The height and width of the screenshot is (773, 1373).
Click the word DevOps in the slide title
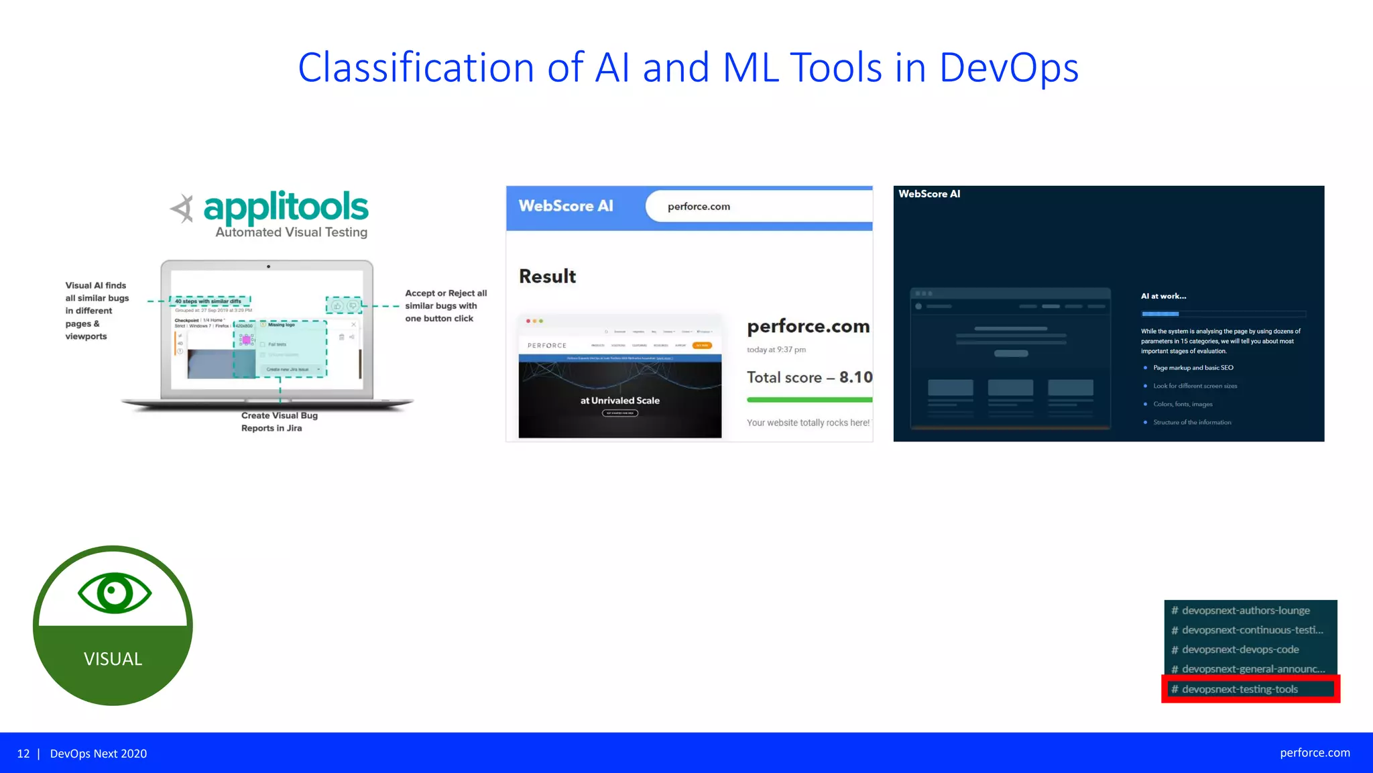pos(1008,68)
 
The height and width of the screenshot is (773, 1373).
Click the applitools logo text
pos(286,207)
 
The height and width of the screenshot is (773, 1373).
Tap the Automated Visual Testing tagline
pos(291,232)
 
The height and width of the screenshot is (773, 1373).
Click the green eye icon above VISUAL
pos(115,592)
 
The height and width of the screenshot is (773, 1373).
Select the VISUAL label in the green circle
pos(113,659)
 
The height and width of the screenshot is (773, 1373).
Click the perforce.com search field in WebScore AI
pos(758,207)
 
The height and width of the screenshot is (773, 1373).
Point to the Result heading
pos(547,276)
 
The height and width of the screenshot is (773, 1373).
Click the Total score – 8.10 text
pos(809,377)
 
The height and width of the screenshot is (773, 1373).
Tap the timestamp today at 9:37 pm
pos(776,350)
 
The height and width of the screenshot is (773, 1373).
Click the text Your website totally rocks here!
pos(808,423)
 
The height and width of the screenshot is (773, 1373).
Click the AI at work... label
pos(1163,296)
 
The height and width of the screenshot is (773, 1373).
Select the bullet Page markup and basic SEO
pos(1193,368)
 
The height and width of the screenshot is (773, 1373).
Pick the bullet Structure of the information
pos(1191,422)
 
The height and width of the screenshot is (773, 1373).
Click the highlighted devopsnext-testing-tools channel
pos(1240,689)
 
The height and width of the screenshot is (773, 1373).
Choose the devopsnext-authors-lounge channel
pos(1245,611)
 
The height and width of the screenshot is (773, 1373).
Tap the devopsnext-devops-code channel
pos(1240,650)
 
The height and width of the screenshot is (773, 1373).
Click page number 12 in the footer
pos(23,754)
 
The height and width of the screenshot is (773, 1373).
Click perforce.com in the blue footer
pos(1315,753)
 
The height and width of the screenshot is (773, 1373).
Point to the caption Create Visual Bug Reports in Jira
pos(279,421)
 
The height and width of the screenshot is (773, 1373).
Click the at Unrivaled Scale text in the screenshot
pos(619,401)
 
